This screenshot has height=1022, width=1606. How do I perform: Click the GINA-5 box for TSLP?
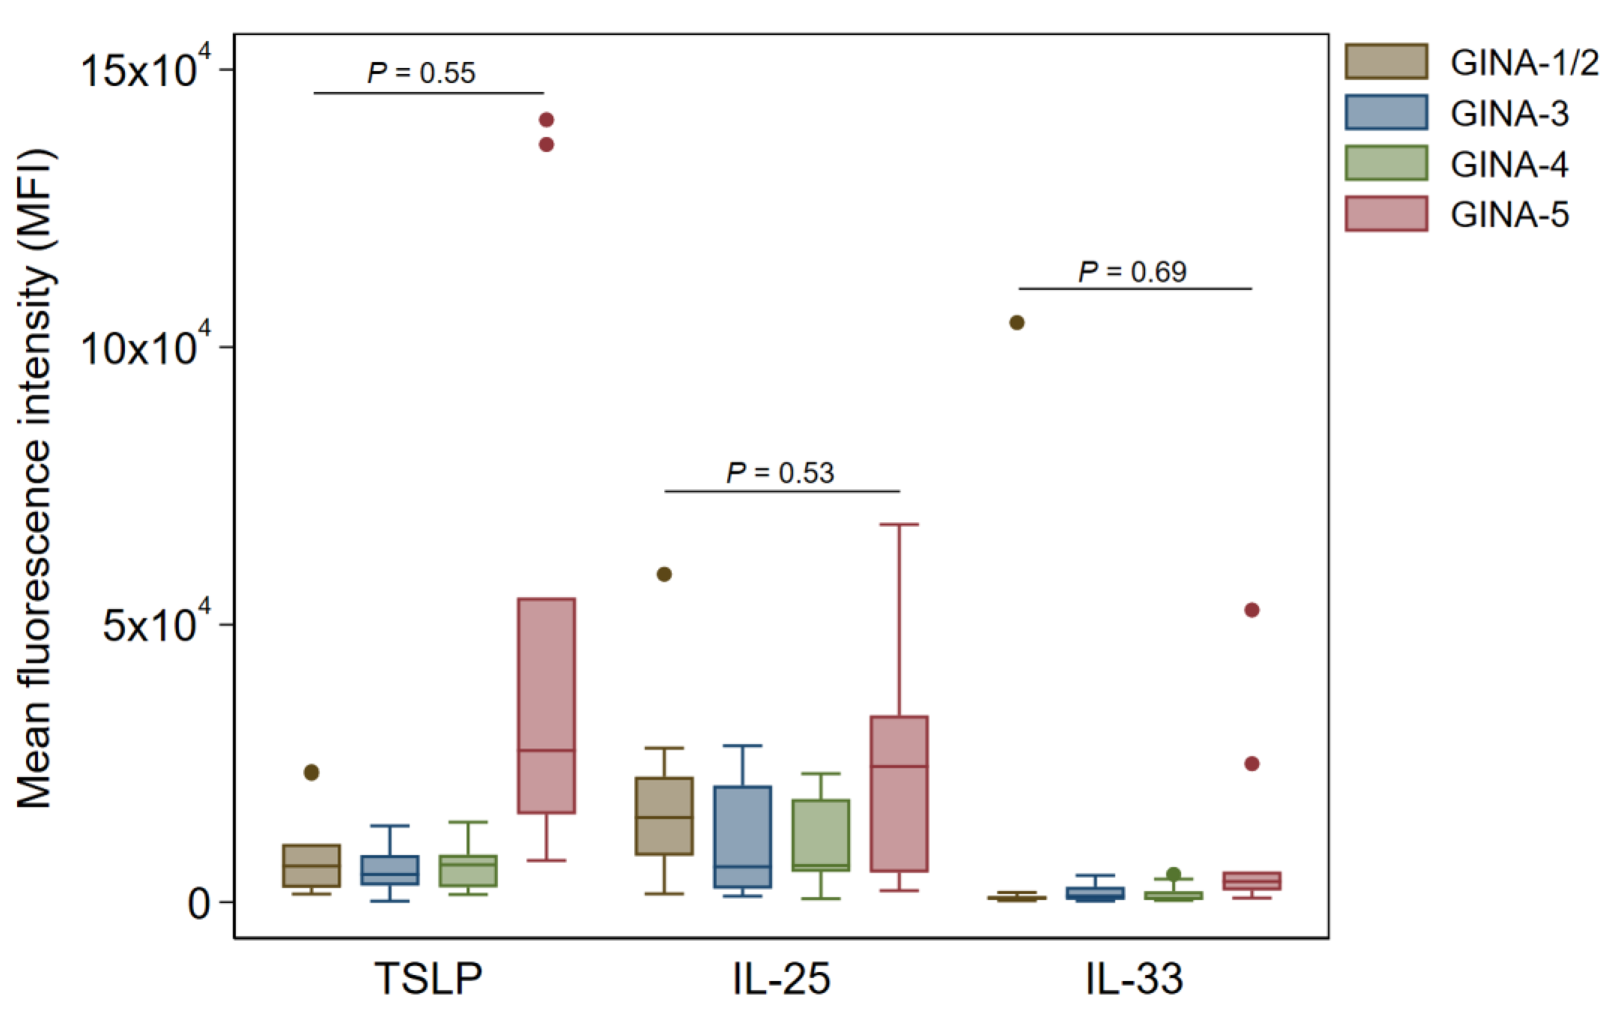click(x=546, y=705)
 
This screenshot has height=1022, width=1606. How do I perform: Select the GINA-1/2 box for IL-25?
click(x=664, y=815)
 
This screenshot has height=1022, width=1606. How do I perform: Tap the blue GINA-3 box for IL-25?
click(x=742, y=837)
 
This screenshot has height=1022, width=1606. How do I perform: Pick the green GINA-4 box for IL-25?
click(x=821, y=835)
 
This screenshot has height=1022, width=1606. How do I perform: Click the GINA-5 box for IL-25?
click(x=899, y=793)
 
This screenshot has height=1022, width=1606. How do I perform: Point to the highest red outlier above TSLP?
click(x=546, y=120)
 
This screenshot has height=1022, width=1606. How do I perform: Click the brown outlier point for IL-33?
click(x=1016, y=323)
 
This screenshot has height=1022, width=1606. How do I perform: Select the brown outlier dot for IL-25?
click(x=664, y=574)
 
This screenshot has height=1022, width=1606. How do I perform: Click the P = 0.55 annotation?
click(x=421, y=73)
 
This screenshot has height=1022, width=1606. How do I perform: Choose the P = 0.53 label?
click(x=781, y=473)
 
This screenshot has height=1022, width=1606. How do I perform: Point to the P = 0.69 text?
click(x=1133, y=271)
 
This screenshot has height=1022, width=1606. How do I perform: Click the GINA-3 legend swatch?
click(x=1386, y=112)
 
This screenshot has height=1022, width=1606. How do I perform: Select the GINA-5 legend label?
click(x=1509, y=215)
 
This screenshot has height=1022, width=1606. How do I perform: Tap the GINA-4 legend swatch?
click(x=1386, y=163)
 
